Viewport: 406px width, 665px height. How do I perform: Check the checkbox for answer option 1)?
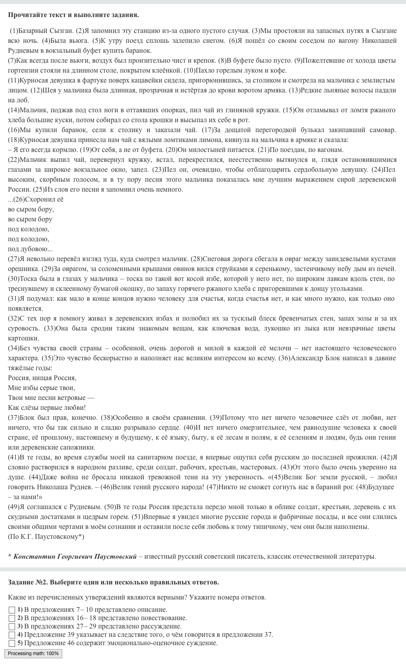tap(12, 610)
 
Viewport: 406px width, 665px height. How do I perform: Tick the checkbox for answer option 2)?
tap(12, 618)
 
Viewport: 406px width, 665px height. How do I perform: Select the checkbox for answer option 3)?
tap(12, 627)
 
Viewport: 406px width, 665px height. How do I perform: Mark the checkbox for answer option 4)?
tap(12, 635)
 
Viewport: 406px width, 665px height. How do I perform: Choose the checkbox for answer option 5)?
tap(12, 643)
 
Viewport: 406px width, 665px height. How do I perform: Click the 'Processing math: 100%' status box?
tap(33, 653)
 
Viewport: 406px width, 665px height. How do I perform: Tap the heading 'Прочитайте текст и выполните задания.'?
tap(73, 15)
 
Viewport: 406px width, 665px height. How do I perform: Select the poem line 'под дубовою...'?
tap(30, 249)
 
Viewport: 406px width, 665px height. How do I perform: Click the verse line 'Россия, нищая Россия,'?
tap(42, 378)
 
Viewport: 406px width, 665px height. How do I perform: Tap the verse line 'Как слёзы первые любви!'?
tap(47, 408)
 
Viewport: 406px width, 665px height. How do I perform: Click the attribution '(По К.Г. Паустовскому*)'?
tap(46, 537)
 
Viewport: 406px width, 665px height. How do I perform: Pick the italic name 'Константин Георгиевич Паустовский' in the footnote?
tap(75, 557)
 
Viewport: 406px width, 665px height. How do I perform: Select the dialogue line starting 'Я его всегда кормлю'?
tap(40, 150)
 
